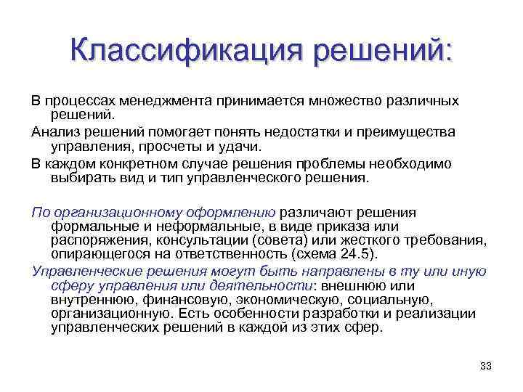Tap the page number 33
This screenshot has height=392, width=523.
[x=487, y=365]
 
